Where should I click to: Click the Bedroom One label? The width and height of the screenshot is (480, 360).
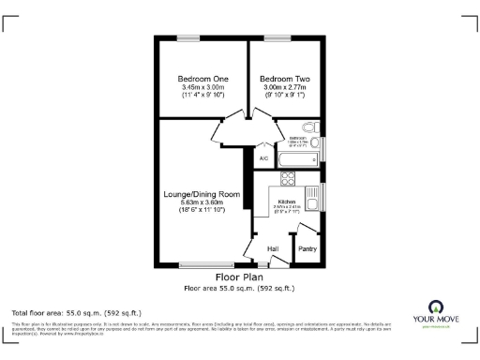[x=202, y=79]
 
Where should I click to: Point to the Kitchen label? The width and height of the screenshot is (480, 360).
[x=286, y=202]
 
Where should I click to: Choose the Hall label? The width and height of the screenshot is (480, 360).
[x=274, y=248]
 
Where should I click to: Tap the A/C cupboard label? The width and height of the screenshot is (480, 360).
[x=263, y=158]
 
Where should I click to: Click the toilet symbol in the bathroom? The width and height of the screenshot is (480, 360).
[x=310, y=129]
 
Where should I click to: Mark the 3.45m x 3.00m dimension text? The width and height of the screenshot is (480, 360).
[x=202, y=88]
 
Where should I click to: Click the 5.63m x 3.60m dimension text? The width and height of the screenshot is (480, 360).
[x=203, y=203]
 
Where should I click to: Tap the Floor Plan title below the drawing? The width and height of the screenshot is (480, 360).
[x=239, y=278]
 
